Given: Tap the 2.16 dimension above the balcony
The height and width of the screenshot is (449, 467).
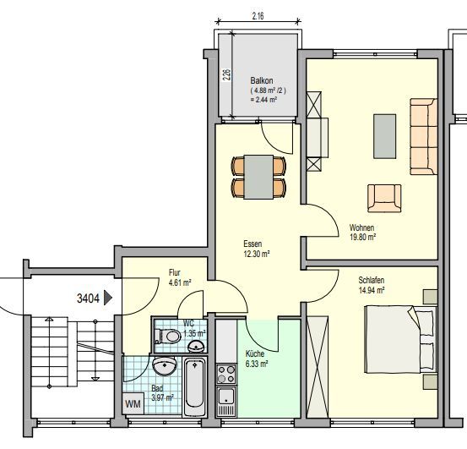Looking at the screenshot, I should pyautogui.click(x=259, y=15).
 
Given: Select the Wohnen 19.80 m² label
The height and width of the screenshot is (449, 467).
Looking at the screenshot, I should pyautogui.click(x=361, y=233).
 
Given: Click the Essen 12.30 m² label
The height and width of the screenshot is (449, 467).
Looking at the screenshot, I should pyautogui.click(x=255, y=248).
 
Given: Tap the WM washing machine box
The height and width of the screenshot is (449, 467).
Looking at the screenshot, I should pyautogui.click(x=133, y=404).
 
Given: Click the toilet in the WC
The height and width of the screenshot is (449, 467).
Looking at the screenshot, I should pyautogui.click(x=171, y=336).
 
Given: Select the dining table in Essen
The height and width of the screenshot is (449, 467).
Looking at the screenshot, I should pyautogui.click(x=258, y=176).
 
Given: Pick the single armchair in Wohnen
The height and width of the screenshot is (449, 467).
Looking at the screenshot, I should pyautogui.click(x=384, y=197).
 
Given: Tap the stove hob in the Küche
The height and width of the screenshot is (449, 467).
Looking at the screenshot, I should pyautogui.click(x=226, y=371).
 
